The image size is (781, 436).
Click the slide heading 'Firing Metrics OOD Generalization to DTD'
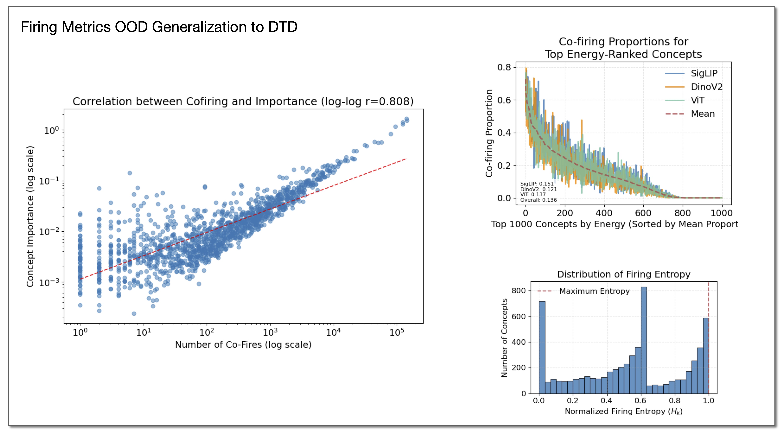pyautogui.click(x=159, y=27)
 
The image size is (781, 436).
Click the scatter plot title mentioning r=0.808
pyautogui.click(x=243, y=101)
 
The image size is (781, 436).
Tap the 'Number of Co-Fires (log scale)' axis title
pyautogui.click(x=243, y=345)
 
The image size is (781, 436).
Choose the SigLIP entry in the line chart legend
pyautogui.click(x=704, y=73)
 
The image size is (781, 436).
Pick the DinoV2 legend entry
pyautogui.click(x=706, y=87)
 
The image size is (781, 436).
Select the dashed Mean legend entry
pyautogui.click(x=702, y=114)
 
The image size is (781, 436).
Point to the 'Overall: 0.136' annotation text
pyautogui.click(x=539, y=200)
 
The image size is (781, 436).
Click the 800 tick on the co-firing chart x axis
pyautogui.click(x=682, y=213)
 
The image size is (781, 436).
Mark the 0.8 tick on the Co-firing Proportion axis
pyautogui.click(x=504, y=67)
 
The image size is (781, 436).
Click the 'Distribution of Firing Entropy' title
pyautogui.click(x=624, y=274)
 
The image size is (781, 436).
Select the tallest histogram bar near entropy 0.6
pyautogui.click(x=644, y=340)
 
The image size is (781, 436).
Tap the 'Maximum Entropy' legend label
pyautogui.click(x=594, y=291)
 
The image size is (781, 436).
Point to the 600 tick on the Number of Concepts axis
pyautogui.click(x=518, y=316)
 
